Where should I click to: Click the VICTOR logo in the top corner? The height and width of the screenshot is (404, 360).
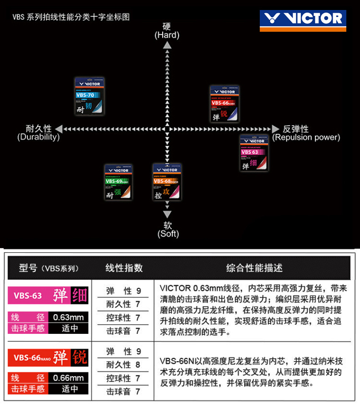pyautogui.click(x=303, y=19)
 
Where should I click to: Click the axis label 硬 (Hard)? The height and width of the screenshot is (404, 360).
pyautogui.click(x=167, y=31)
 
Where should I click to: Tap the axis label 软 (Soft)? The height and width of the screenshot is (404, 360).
pyautogui.click(x=168, y=229)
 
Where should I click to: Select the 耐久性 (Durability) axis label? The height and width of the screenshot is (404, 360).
pyautogui.click(x=39, y=133)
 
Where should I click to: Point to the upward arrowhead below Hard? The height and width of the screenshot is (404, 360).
pyautogui.click(x=167, y=45)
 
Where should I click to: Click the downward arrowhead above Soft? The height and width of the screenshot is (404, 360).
pyautogui.click(x=167, y=214)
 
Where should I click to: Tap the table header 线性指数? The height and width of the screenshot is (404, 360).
pyautogui.click(x=124, y=267)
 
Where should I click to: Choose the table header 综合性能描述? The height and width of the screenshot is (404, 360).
pyautogui.click(x=254, y=267)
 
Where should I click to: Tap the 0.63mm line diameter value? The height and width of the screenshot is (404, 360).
pyautogui.click(x=68, y=317)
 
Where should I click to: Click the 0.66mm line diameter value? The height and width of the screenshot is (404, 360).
pyautogui.click(x=68, y=378)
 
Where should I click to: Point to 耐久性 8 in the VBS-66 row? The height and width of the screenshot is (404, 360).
pyautogui.click(x=123, y=364)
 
